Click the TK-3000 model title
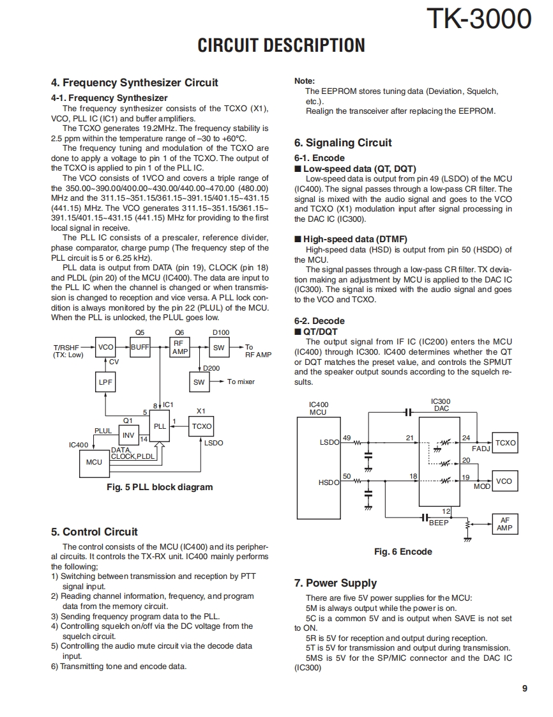478,19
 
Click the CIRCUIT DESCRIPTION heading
281,46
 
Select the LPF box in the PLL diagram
105,382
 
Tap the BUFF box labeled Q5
140,347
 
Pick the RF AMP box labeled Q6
179,347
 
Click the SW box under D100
219,347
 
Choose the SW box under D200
199,382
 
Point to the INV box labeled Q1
128,435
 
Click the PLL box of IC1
159,426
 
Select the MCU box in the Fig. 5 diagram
94,461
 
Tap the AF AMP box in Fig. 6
504,525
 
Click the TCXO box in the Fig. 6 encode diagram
505,443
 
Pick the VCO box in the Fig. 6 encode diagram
504,481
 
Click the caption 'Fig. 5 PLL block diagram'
159,487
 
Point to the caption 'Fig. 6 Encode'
403,551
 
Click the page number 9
524,688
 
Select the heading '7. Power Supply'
335,583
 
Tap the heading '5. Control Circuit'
94,532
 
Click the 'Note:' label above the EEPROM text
304,81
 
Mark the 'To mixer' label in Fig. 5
241,382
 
